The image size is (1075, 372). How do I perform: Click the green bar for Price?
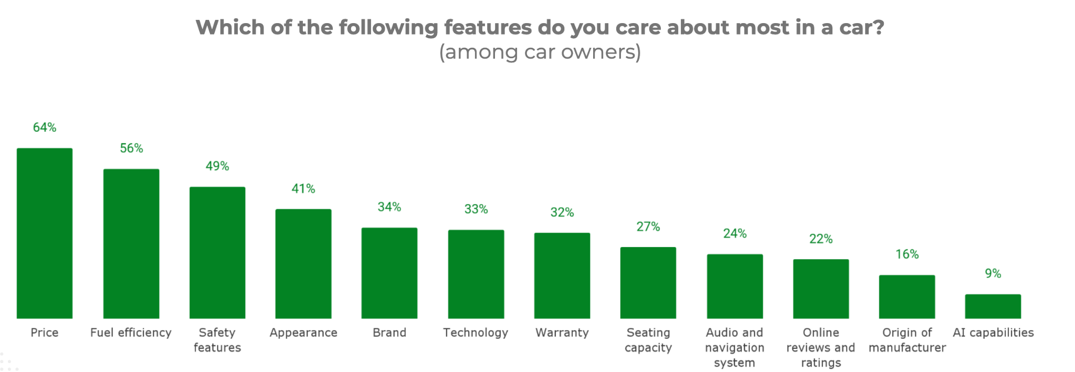point(45,233)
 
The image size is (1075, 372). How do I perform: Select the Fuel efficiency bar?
point(131,243)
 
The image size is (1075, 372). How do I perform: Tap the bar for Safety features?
point(217,252)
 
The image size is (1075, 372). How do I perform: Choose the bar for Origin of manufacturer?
point(907,296)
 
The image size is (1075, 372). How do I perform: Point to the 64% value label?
point(45,127)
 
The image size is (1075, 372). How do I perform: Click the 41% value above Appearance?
point(303,189)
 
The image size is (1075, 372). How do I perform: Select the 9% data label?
point(993,273)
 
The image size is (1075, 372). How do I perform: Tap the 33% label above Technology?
point(476,209)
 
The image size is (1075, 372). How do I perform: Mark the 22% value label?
point(821,239)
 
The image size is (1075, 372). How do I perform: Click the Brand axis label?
point(389,333)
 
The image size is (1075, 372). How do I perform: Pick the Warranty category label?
point(562,333)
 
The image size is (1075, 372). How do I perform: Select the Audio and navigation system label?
point(734,347)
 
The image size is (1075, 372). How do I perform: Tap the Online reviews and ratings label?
point(821,347)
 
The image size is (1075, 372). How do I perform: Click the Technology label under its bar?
point(476,333)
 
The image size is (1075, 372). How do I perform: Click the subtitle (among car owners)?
point(540,52)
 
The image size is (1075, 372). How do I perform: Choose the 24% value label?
point(734,233)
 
